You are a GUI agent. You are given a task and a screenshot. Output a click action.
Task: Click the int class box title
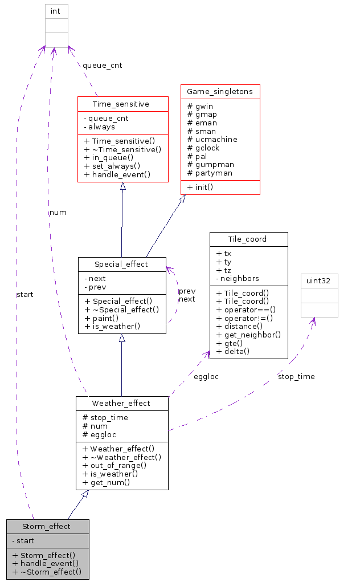click(x=56, y=11)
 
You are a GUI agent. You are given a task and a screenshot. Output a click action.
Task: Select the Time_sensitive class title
click(x=122, y=104)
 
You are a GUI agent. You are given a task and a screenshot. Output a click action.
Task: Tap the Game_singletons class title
click(x=220, y=91)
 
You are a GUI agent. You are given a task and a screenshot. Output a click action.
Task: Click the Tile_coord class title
click(x=248, y=239)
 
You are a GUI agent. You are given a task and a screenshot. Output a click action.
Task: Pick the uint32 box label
click(x=319, y=280)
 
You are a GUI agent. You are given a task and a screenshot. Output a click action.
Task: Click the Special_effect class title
click(x=122, y=264)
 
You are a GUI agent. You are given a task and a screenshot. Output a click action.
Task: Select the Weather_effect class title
click(x=122, y=404)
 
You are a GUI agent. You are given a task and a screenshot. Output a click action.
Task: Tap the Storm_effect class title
click(x=47, y=526)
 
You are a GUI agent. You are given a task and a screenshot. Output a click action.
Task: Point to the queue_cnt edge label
click(x=102, y=65)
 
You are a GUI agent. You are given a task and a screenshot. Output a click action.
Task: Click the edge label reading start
click(x=24, y=295)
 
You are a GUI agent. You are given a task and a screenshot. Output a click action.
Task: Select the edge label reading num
click(x=58, y=212)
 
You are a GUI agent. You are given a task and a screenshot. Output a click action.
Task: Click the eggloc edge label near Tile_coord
click(x=206, y=376)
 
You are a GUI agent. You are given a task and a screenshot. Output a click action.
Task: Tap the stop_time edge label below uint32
click(x=296, y=376)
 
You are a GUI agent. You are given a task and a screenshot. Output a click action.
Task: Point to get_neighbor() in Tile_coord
click(x=249, y=335)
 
